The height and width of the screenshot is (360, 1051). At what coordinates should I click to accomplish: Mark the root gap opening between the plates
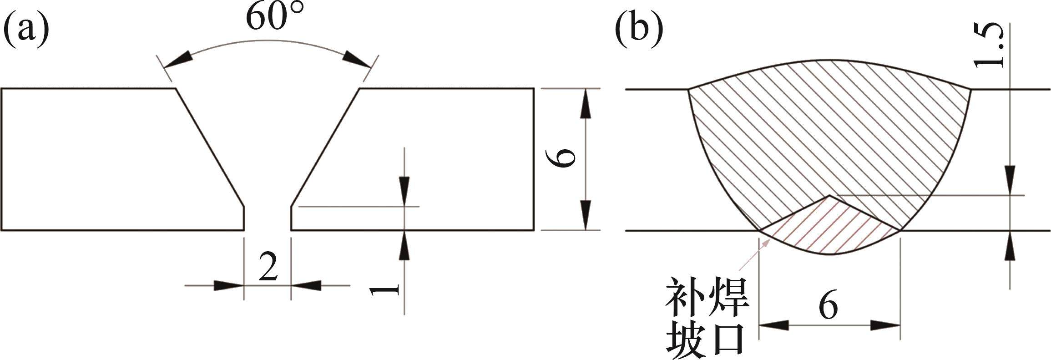[268, 218]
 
